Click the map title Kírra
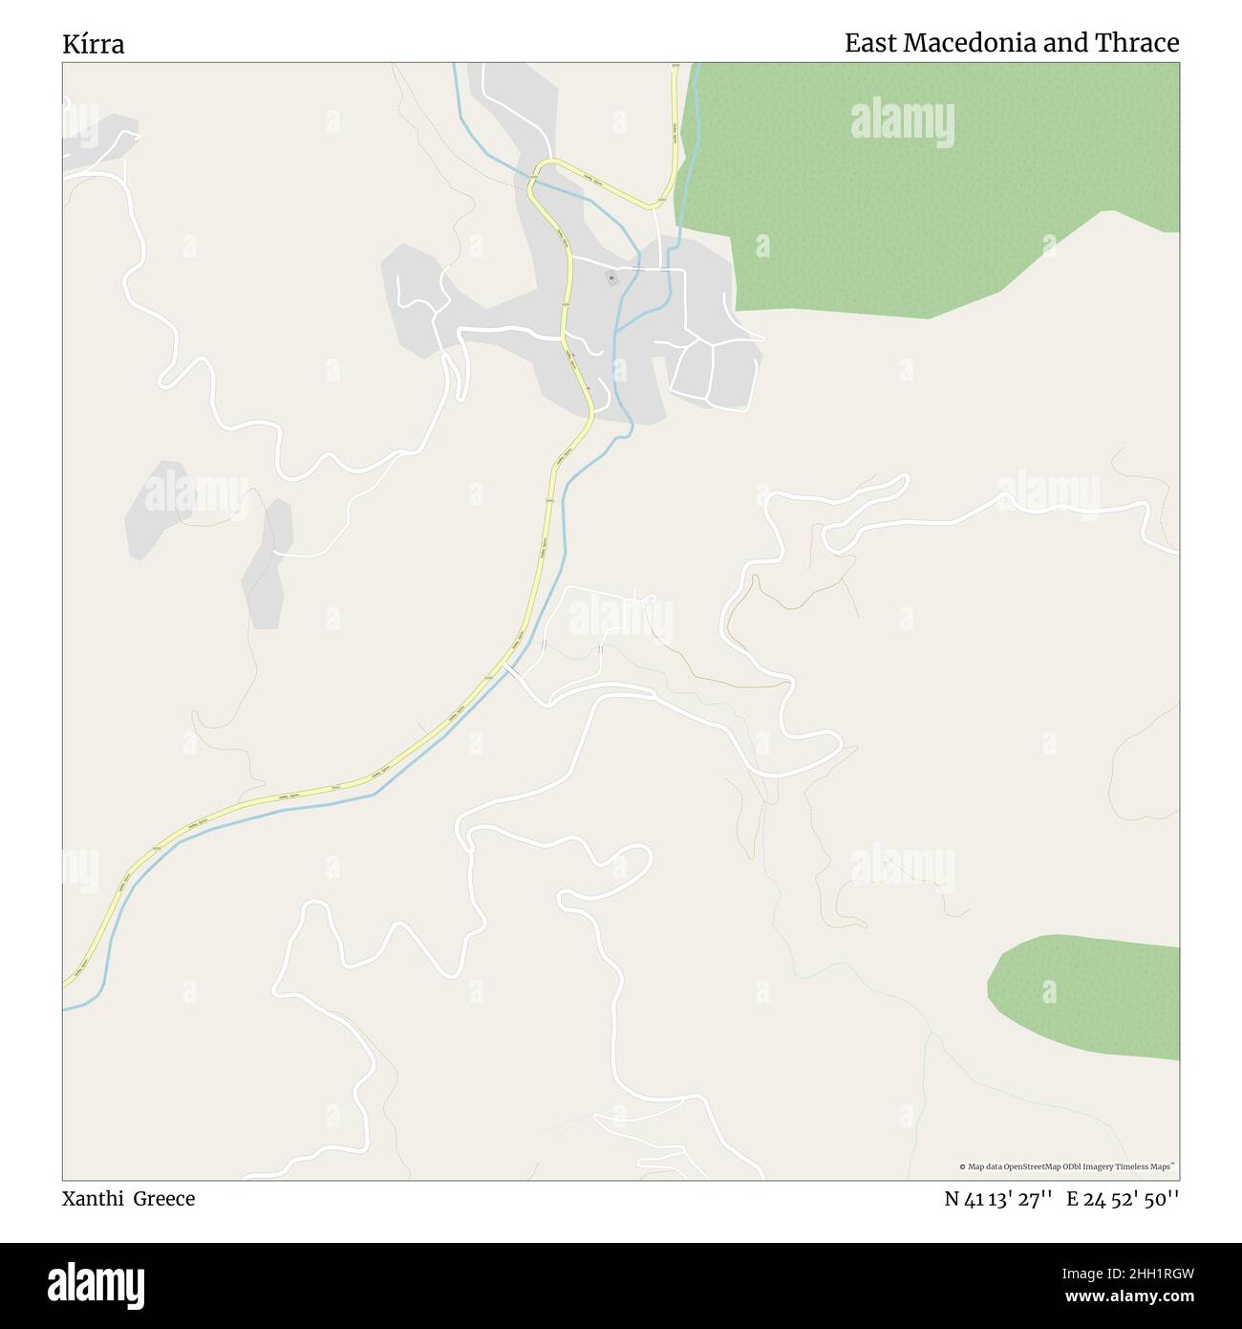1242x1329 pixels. [94, 44]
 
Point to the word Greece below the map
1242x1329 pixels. [163, 1199]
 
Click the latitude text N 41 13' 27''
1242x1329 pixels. [998, 1199]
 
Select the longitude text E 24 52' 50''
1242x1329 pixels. [1123, 1199]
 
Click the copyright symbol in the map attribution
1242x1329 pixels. [963, 1166]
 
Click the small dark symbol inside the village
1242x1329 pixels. [611, 279]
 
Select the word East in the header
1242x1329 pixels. [869, 43]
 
